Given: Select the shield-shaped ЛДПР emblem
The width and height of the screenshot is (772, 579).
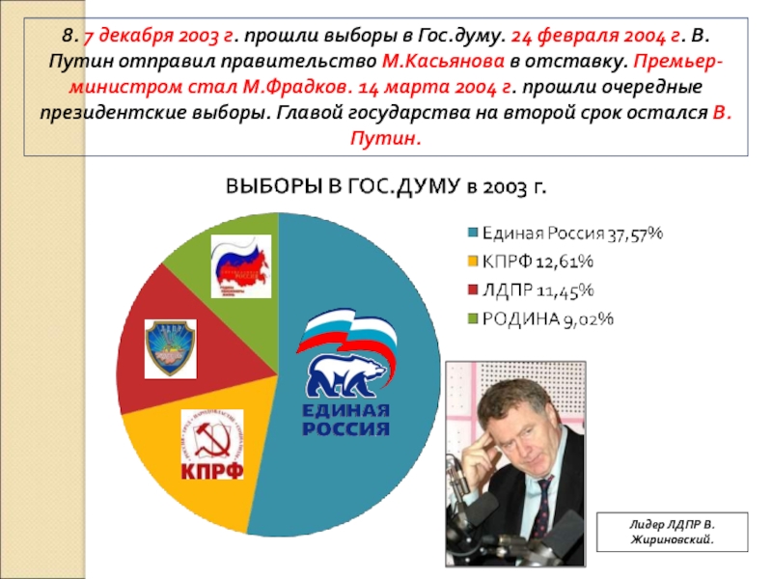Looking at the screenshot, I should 170,347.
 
